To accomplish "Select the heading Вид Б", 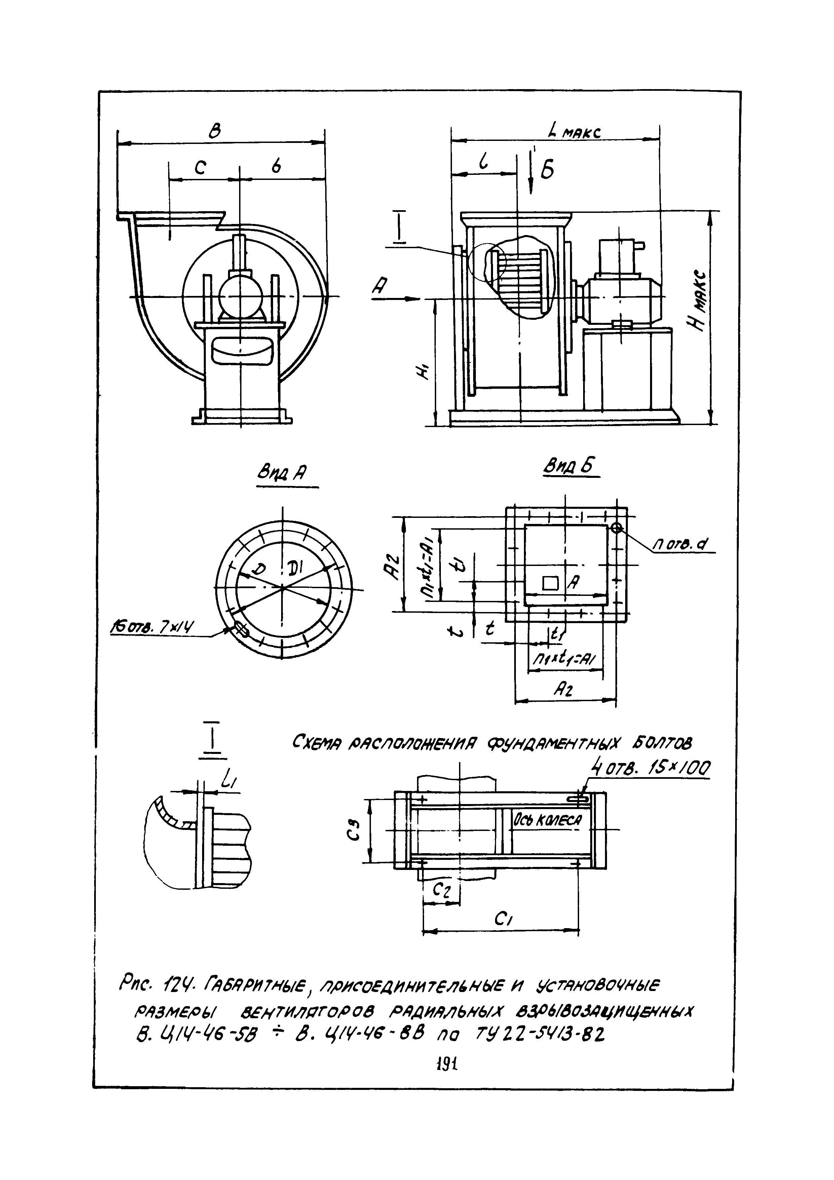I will [569, 467].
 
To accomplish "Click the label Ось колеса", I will [546, 821].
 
